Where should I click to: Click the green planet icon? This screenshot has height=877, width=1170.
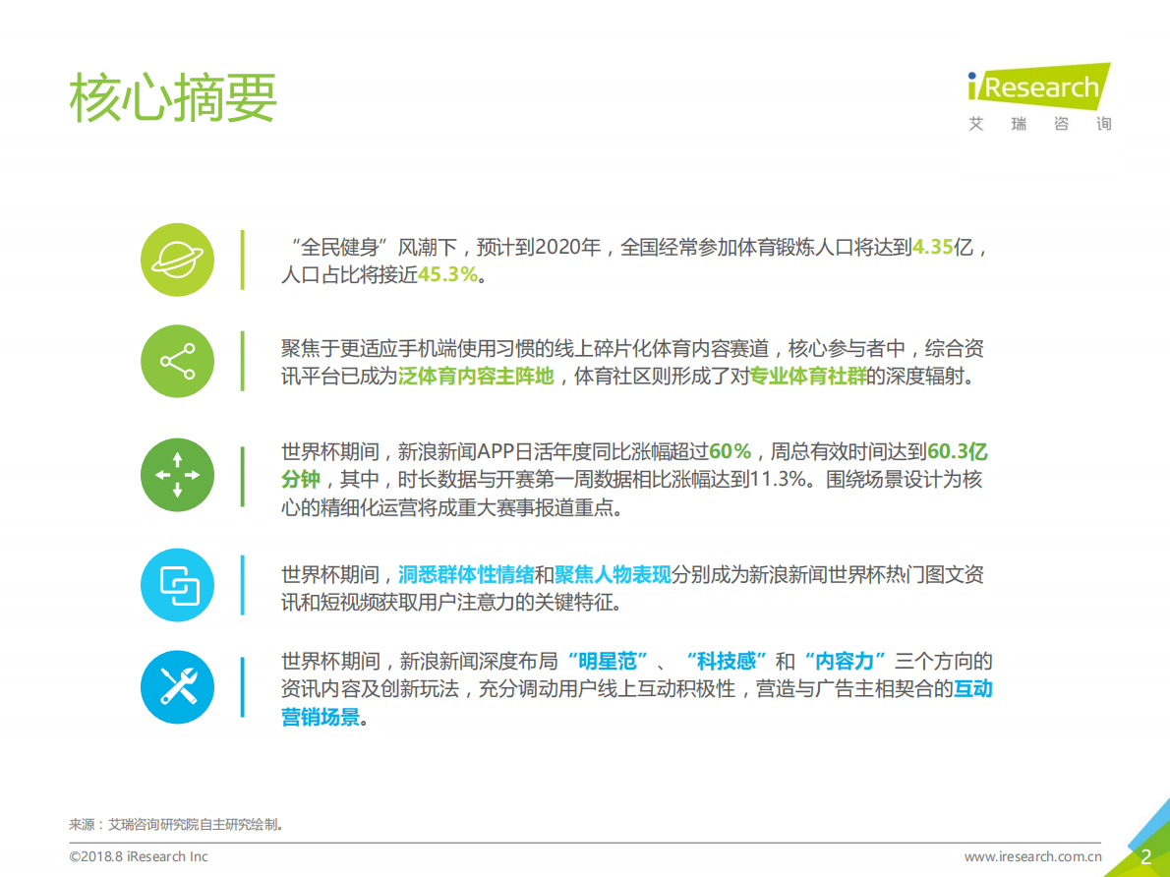[x=177, y=260]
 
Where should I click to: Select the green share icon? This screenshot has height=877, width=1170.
[x=177, y=362]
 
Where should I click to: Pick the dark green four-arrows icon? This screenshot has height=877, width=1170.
[x=177, y=475]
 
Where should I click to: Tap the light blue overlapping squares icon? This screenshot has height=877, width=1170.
[x=177, y=586]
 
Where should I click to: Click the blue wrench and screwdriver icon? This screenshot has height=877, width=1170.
[x=177, y=686]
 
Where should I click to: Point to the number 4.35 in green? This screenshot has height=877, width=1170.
[x=933, y=248]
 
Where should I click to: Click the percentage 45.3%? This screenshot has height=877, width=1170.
[x=448, y=275]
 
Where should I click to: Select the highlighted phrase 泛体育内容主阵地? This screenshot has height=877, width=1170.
[x=476, y=377]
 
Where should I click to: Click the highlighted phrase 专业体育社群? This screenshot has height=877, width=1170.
[x=808, y=377]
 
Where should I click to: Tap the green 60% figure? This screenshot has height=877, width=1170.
[x=730, y=452]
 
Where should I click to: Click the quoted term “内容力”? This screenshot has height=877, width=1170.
[x=846, y=661]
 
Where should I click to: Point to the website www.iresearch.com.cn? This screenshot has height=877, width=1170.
[x=1033, y=856]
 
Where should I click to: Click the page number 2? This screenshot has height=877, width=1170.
[x=1144, y=856]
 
